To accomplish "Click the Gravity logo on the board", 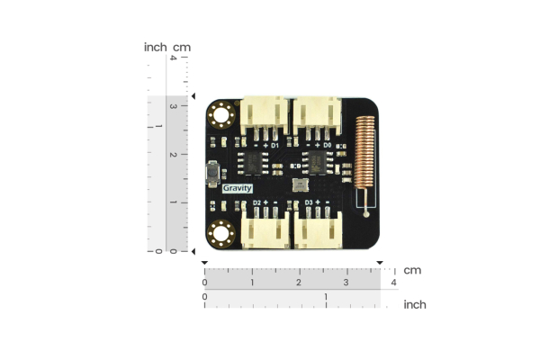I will tap(238, 188).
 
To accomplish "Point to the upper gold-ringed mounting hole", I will tap(220, 115).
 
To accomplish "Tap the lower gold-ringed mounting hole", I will tap(220, 234).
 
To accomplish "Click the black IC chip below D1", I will tap(255, 162).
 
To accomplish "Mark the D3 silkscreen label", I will tap(309, 203).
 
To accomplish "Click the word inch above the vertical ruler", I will tap(155, 47).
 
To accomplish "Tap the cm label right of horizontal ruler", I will tap(412, 270).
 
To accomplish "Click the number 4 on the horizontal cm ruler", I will tap(393, 283).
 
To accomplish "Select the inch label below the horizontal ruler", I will tap(414, 305).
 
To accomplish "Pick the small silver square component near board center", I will tap(300, 184).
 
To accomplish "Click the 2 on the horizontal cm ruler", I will tap(299, 283).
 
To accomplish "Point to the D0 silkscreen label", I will tap(328, 144).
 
